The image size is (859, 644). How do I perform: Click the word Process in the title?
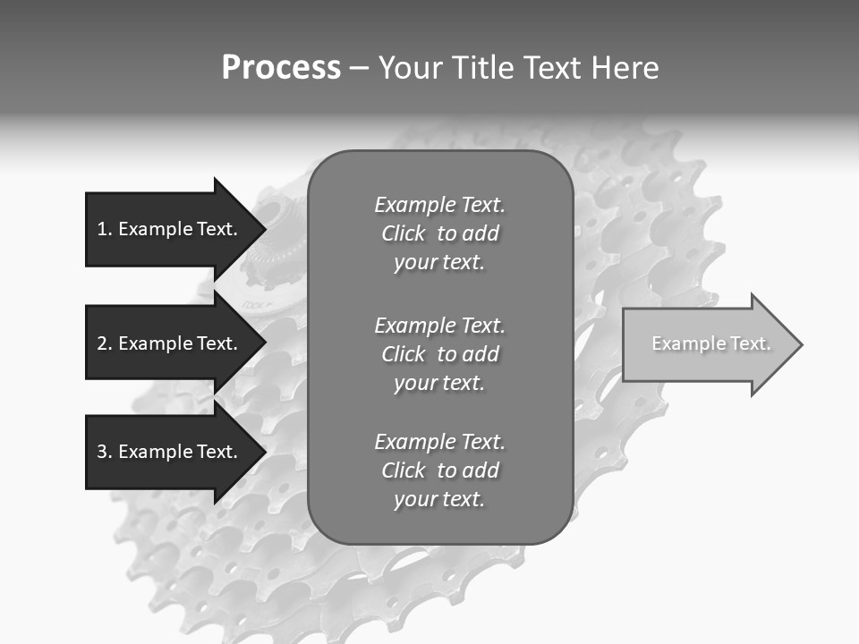click(x=281, y=68)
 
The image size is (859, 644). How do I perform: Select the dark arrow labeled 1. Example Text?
click(x=170, y=229)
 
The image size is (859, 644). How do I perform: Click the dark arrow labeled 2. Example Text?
click(x=170, y=343)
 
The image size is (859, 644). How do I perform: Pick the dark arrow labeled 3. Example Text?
click(x=170, y=452)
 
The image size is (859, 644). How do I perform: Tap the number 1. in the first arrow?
click(x=105, y=229)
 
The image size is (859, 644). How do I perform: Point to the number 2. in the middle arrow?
click(x=105, y=343)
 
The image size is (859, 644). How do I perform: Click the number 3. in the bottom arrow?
click(x=105, y=452)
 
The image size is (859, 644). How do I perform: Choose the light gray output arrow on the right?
click(x=707, y=344)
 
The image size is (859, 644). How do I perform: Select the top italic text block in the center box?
click(x=439, y=233)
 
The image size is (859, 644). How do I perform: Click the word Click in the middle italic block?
click(x=404, y=354)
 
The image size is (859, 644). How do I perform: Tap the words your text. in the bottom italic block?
click(x=439, y=499)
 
